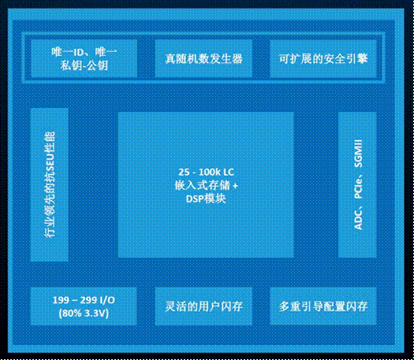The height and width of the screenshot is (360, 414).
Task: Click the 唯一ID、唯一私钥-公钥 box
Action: pyautogui.click(x=84, y=58)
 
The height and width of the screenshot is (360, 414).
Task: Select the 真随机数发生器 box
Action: pyautogui.click(x=203, y=58)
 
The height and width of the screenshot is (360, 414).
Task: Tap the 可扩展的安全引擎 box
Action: pyautogui.click(x=323, y=58)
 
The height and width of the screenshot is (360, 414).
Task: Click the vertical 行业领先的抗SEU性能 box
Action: pyautogui.click(x=50, y=184)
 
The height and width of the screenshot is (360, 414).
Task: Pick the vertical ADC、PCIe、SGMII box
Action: pyautogui.click(x=357, y=184)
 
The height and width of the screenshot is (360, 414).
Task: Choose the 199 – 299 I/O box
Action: pyautogui.click(x=84, y=306)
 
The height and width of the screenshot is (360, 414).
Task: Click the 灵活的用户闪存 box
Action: pyautogui.click(x=203, y=306)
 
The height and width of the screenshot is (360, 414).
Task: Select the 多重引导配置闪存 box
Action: pyautogui.click(x=323, y=306)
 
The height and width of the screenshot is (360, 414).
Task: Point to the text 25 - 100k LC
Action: pyautogui.click(x=206, y=173)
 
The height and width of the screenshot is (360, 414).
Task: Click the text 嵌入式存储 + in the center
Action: pyautogui.click(x=206, y=185)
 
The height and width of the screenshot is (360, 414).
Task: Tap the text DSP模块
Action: pyautogui.click(x=206, y=199)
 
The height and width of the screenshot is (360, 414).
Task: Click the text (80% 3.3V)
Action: pyautogui.click(x=84, y=314)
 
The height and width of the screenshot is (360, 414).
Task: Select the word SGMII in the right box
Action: pyautogui.click(x=358, y=154)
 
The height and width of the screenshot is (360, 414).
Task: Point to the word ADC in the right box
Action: pyautogui.click(x=358, y=220)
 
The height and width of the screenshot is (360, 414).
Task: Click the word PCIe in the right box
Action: pyautogui.click(x=358, y=188)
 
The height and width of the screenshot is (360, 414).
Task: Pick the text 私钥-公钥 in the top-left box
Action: pyautogui.click(x=84, y=65)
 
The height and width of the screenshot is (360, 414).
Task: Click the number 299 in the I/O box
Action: pyautogui.click(x=88, y=300)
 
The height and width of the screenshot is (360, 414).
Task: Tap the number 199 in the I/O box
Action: pyautogui.click(x=62, y=300)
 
